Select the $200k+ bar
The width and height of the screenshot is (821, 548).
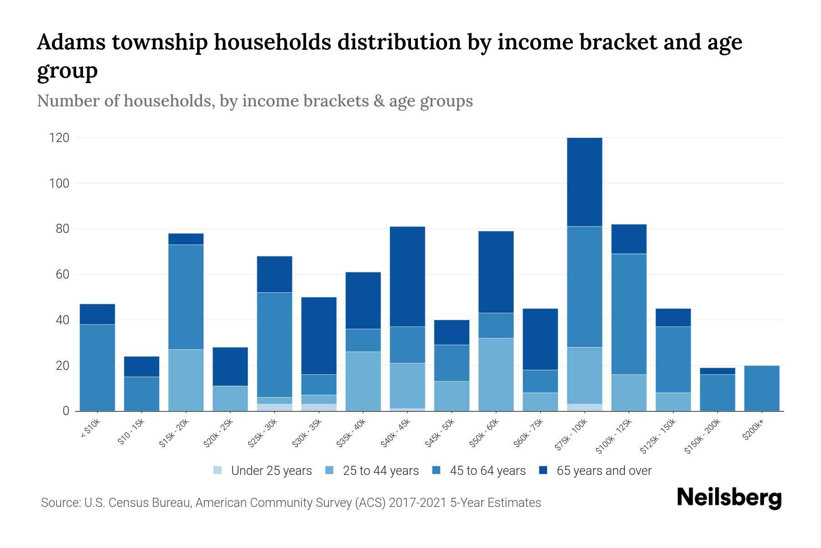tap(761, 388)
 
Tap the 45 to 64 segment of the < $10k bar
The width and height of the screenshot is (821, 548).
tap(97, 368)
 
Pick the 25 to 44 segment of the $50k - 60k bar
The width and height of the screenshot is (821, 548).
tap(496, 374)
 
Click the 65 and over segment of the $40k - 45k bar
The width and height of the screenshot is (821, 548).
tap(407, 276)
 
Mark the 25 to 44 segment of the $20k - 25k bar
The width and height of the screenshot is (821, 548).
tap(230, 398)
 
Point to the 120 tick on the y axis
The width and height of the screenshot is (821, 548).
tap(59, 138)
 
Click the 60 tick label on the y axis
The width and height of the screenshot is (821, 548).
tap(62, 274)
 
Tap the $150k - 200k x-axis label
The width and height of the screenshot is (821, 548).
tap(703, 437)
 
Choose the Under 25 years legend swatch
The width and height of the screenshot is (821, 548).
tap(218, 470)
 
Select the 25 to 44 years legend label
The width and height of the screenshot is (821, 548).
tap(380, 471)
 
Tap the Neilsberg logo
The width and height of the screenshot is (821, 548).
tap(729, 498)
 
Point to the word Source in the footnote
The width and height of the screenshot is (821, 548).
tap(59, 503)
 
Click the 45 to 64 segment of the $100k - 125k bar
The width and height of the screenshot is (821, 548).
tap(629, 314)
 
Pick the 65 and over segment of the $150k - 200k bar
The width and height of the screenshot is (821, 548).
tap(717, 371)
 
